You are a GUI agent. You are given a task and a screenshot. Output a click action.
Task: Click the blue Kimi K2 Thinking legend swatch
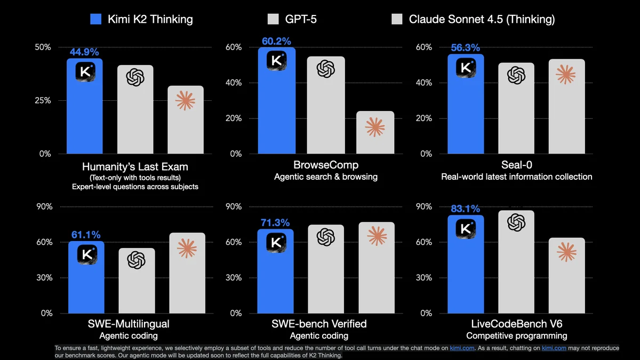click(96, 20)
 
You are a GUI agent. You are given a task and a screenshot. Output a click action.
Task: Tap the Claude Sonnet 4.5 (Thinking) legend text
click(482, 20)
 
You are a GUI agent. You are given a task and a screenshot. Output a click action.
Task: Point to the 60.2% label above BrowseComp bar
click(276, 41)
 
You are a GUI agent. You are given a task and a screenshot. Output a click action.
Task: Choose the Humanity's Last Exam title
click(135, 166)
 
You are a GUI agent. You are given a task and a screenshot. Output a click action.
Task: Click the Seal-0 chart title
click(516, 165)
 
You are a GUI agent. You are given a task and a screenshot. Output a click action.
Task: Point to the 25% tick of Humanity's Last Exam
click(43, 100)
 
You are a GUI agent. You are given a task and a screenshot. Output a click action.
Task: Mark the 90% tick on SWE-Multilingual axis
click(43, 206)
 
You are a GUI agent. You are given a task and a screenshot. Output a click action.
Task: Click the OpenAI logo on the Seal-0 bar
click(516, 75)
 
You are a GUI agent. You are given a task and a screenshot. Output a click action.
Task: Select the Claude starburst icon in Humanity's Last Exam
click(185, 100)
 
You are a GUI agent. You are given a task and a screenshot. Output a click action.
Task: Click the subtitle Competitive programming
click(516, 335)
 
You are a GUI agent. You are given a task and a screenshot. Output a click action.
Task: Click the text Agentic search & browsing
click(325, 177)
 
